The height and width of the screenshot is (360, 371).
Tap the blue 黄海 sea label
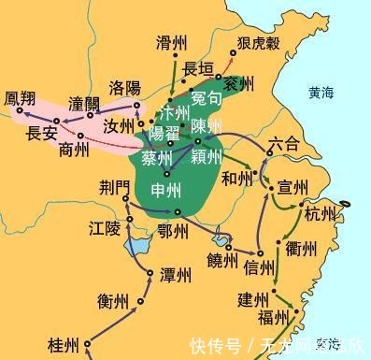pos(326,93)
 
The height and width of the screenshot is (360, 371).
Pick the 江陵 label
pos(105,228)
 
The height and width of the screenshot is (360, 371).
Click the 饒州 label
pos(221,259)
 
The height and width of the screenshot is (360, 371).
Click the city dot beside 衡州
pos(141,300)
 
